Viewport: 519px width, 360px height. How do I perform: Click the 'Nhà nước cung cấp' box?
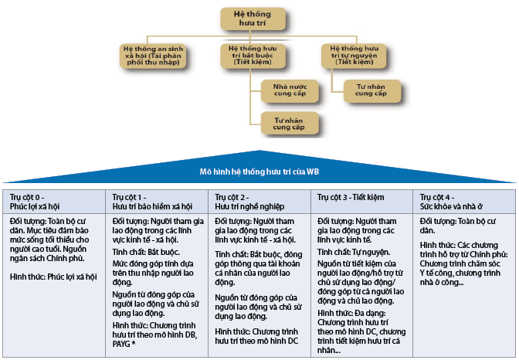pyautogui.click(x=288, y=91)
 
